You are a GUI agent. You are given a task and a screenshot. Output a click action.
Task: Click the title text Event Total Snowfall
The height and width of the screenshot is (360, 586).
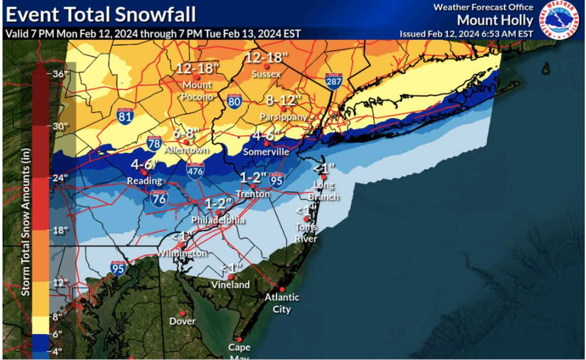pos(101,15)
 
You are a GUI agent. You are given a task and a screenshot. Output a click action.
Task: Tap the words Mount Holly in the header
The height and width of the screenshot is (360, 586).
pos(495,21)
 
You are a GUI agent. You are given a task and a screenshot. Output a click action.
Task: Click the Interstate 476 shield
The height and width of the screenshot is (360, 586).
pos(195,170)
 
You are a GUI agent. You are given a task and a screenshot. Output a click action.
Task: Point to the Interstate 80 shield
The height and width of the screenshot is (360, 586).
pos(234,101)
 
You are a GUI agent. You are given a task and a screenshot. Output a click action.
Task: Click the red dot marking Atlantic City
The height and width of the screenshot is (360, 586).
pos(282,289)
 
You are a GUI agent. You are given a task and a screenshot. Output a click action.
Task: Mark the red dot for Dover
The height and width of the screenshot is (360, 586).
pos(182,313)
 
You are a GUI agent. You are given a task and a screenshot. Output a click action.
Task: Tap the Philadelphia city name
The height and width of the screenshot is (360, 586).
pos(218,220)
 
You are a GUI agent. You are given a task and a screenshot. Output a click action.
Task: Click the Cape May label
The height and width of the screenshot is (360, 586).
pos(239,351)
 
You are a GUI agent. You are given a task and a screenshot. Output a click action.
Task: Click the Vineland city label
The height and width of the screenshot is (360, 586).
pos(231,285)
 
